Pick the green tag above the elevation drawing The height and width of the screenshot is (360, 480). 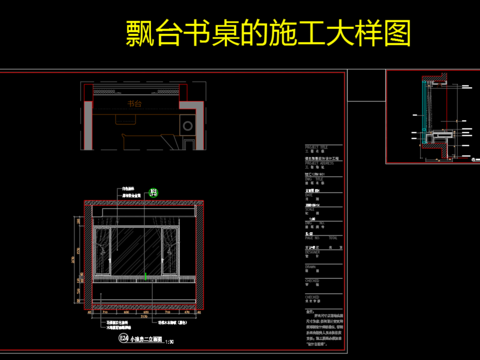pyautogui.click(x=153, y=191)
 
